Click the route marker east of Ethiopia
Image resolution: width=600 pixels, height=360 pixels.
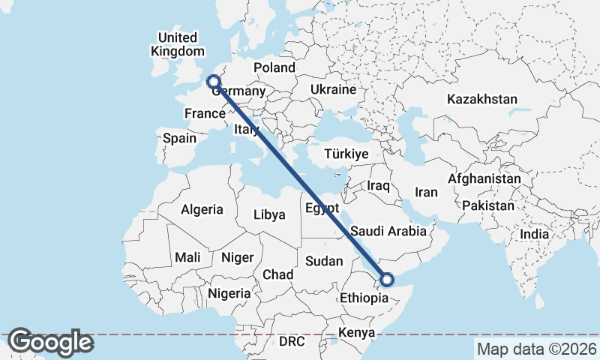tap(387, 280)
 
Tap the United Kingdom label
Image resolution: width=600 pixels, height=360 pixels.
tap(178, 44)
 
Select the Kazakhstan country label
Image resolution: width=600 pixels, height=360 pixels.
tap(482, 99)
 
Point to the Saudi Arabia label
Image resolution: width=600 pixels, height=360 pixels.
tap(388, 231)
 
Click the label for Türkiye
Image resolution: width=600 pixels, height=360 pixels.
tap(346, 154)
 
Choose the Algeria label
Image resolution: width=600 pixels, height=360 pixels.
tap(202, 209)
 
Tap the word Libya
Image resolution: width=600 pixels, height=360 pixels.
tap(269, 214)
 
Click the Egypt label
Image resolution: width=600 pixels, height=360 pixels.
tap(322, 208)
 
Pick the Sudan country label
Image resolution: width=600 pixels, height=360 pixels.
tap(324, 262)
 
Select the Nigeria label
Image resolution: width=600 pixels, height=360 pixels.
tap(229, 293)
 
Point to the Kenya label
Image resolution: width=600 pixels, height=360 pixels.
tap(356, 332)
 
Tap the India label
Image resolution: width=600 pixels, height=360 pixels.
tap(535, 234)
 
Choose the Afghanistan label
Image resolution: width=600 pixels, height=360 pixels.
tap(484, 179)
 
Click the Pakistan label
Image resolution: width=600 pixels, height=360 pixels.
tap(488, 205)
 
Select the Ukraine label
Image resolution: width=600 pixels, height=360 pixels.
tap(333, 89)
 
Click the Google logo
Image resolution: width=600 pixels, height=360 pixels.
tap(50, 342)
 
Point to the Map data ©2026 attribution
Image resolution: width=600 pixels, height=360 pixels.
tap(536, 349)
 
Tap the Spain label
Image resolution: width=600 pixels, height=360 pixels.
tap(179, 138)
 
